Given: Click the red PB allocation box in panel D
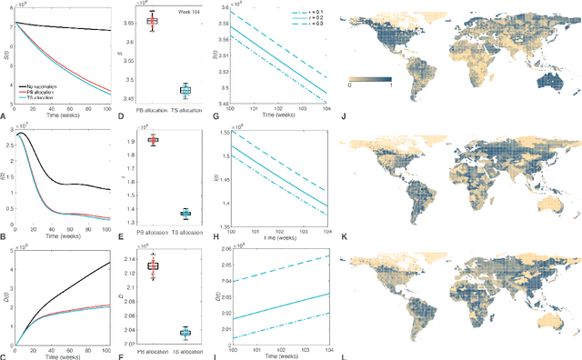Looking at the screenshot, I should (152, 21).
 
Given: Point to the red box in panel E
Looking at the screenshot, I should (152, 140).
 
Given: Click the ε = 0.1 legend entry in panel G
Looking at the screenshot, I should (306, 14).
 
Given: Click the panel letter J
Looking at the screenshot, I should (340, 116).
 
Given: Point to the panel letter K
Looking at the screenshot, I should (340, 235).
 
